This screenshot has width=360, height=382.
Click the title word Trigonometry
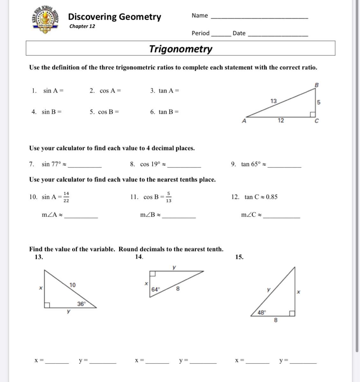[181, 49]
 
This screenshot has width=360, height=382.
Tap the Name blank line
[260, 18]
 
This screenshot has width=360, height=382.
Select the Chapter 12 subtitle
[82, 26]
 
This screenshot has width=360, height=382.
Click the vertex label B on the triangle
[317, 85]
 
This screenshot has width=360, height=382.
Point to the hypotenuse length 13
[273, 101]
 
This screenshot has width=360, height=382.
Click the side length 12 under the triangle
[281, 120]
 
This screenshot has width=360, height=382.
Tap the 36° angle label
[82, 304]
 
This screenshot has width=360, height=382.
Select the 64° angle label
[155, 289]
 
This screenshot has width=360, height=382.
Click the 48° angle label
[262, 313]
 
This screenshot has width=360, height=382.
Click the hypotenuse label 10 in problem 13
[73, 285]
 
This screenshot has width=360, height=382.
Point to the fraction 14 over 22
[66, 197]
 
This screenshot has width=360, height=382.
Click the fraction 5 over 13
[169, 197]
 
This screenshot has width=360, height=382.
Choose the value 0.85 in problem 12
[271, 197]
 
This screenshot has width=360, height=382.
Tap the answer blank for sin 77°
[85, 166]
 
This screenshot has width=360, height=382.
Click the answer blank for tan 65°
[284, 166]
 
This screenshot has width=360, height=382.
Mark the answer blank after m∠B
[179, 217]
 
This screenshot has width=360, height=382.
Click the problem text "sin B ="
[52, 112]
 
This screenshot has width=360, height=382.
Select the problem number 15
[239, 257]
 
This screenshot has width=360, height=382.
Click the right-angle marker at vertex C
[313, 114]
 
